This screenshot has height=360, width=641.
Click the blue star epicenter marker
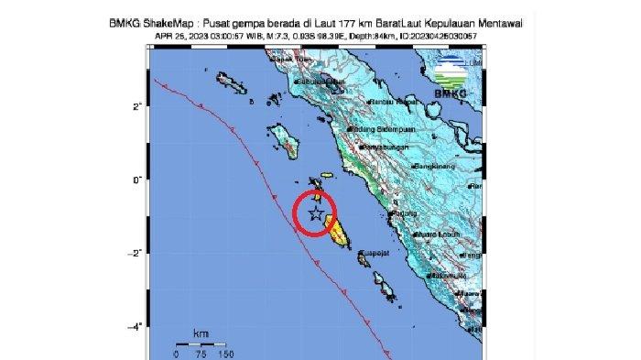coord(314,214)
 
